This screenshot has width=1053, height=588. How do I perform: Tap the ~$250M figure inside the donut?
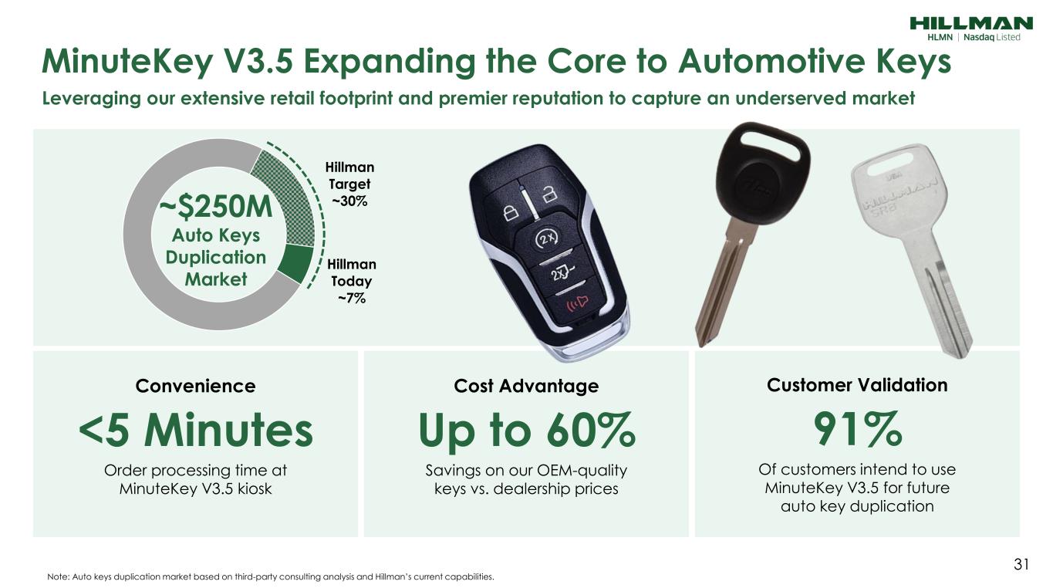point(216,207)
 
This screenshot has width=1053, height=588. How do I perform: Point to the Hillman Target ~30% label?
point(349,184)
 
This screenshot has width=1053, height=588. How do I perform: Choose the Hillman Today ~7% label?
point(352,281)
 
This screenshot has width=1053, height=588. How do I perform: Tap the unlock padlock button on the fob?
point(548,194)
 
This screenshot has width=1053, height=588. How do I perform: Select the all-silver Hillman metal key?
point(910,249)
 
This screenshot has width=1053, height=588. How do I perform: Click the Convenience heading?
point(196,386)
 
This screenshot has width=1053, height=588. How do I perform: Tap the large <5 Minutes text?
point(196,430)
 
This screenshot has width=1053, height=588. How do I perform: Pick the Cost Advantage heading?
point(526,386)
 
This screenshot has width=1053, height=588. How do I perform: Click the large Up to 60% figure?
point(526,431)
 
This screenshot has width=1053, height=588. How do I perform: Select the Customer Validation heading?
point(857,385)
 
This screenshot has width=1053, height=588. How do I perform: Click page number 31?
point(1021,564)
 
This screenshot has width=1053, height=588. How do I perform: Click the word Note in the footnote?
point(58,576)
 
